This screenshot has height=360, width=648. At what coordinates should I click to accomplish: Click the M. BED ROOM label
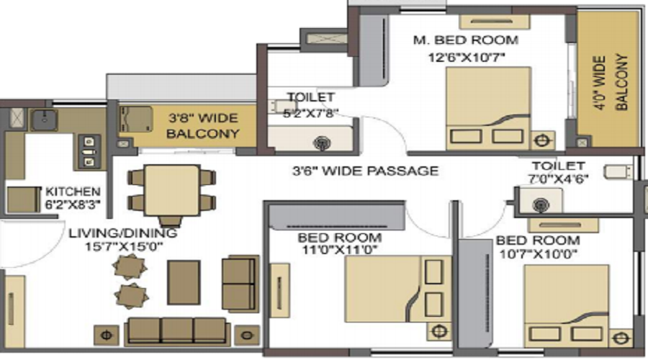466,40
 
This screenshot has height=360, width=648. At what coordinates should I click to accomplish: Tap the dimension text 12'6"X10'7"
466,58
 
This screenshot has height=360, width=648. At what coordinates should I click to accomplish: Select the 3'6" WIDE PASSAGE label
365,171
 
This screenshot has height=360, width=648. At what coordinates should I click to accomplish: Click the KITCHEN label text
73,192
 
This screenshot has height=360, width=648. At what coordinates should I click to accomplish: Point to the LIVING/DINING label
122,233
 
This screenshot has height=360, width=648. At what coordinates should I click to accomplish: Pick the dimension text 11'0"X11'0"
339,250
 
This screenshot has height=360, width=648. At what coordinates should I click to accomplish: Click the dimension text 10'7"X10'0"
538,253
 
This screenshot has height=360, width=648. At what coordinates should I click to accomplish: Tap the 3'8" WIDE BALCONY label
203,126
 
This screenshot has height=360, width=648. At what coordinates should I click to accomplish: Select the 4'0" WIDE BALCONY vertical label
611,82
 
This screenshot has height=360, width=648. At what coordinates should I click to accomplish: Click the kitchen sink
43,119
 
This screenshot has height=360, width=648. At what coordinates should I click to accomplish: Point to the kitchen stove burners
89,152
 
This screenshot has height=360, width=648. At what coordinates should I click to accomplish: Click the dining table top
172,190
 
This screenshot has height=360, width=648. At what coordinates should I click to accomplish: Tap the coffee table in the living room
184,282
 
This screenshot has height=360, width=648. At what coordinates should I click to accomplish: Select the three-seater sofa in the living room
177,331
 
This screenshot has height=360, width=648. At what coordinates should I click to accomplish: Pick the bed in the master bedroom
487,108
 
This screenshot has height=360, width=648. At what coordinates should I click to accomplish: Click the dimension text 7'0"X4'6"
559,179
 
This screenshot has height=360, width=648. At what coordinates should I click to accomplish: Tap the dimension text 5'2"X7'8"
311,113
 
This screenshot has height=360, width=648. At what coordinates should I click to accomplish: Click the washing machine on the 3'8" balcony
135,120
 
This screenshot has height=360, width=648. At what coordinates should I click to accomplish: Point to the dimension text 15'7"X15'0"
124,247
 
